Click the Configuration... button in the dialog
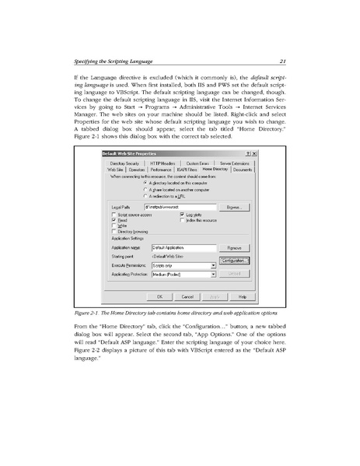click(x=234, y=261)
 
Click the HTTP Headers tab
click(x=167, y=163)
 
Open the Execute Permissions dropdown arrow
click(x=213, y=265)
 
